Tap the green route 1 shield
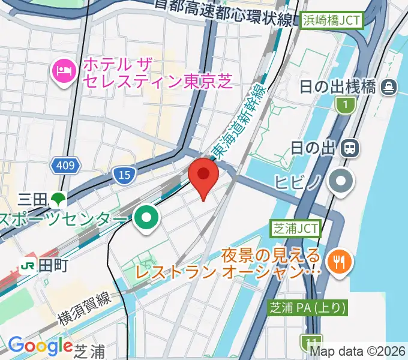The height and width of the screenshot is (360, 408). (x=345, y=106)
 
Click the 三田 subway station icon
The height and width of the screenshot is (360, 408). (x=58, y=197)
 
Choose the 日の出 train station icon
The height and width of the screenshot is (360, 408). (x=349, y=146)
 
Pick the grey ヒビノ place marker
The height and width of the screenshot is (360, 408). (x=342, y=181)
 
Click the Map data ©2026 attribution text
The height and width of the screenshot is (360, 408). (x=363, y=350)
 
